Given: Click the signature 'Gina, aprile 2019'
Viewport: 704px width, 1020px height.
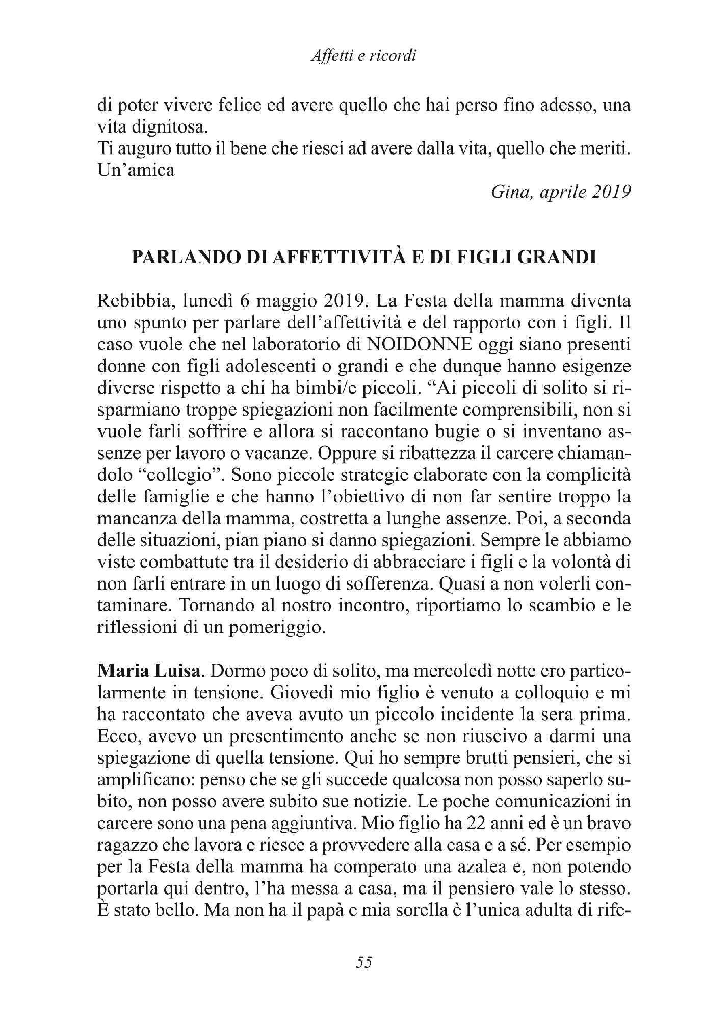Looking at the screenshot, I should [x=561, y=192].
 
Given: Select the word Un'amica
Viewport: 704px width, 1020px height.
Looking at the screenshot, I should [x=136, y=170].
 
